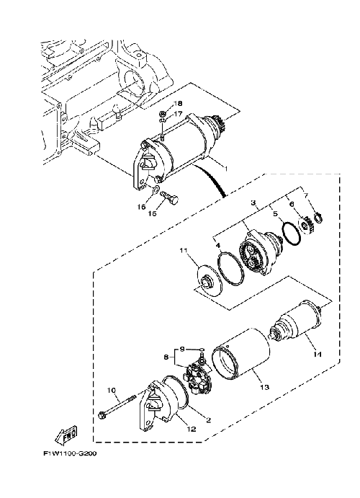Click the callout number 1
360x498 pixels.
226,169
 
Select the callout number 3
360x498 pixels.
253,203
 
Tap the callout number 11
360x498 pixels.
184,251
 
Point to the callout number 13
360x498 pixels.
264,387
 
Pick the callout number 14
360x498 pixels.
318,354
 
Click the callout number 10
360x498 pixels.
112,390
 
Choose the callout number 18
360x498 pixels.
178,104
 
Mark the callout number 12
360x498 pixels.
192,429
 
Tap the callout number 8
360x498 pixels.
166,357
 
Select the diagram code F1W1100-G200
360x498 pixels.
70,453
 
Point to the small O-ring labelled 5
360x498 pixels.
291,234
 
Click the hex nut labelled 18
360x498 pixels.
162,114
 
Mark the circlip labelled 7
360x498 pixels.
318,218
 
